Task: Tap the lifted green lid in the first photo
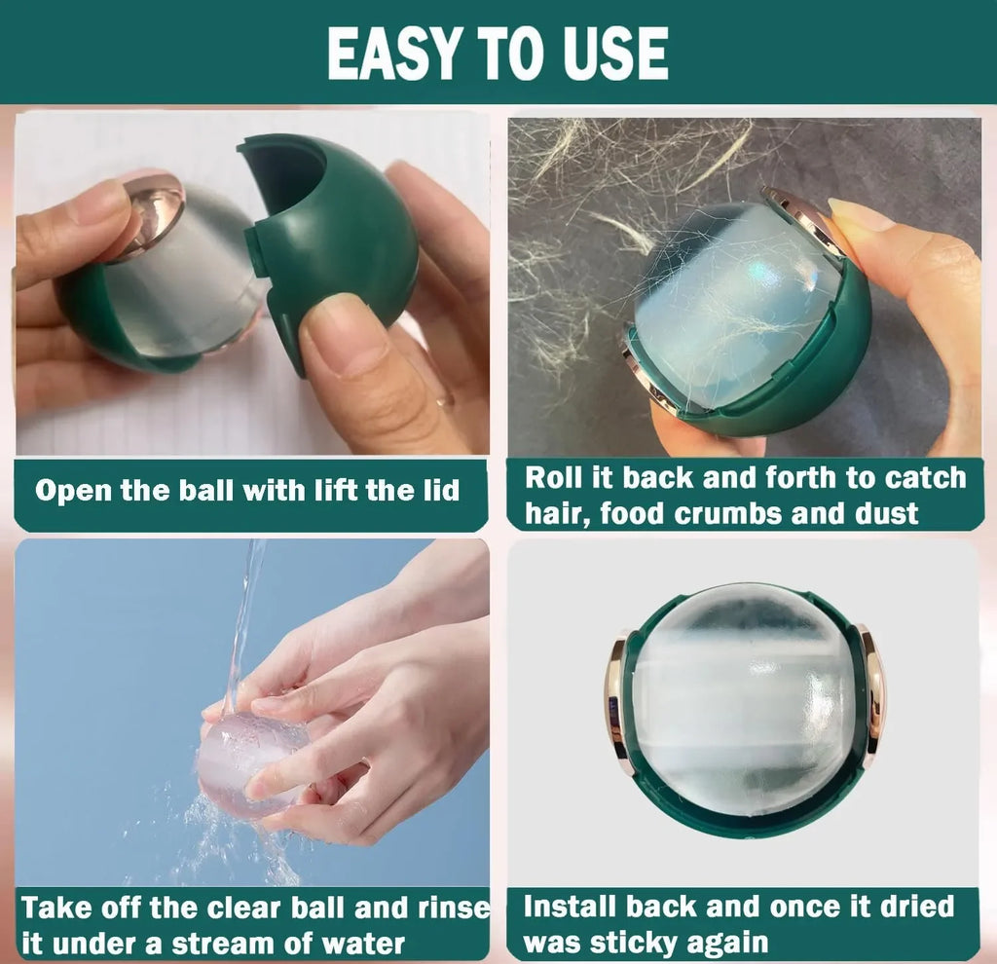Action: tap(336, 234)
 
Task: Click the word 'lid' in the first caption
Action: tap(436, 489)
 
